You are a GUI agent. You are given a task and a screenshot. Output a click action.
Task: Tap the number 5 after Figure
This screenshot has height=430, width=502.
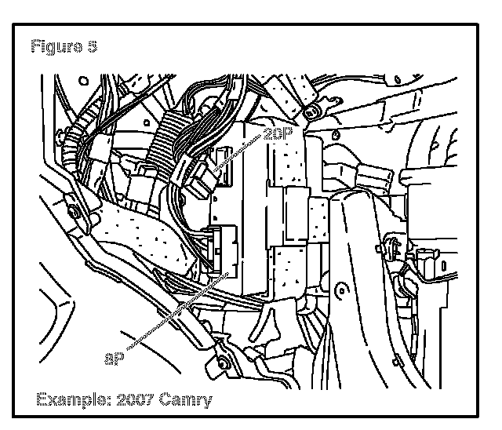point(92,47)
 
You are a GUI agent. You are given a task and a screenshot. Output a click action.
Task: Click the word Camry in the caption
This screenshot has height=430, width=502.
point(186,400)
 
